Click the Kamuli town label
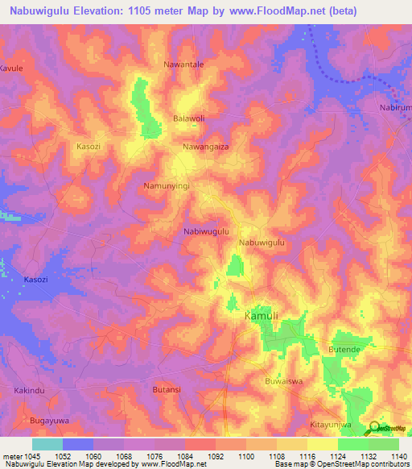tap(261, 318)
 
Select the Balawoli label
tap(189, 118)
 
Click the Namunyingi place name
tap(166, 186)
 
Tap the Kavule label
tap(11, 68)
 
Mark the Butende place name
tap(344, 349)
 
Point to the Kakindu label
tap(30, 390)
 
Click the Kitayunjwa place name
tap(332, 424)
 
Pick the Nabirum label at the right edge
tap(395, 107)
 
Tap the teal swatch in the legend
tap(47, 444)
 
